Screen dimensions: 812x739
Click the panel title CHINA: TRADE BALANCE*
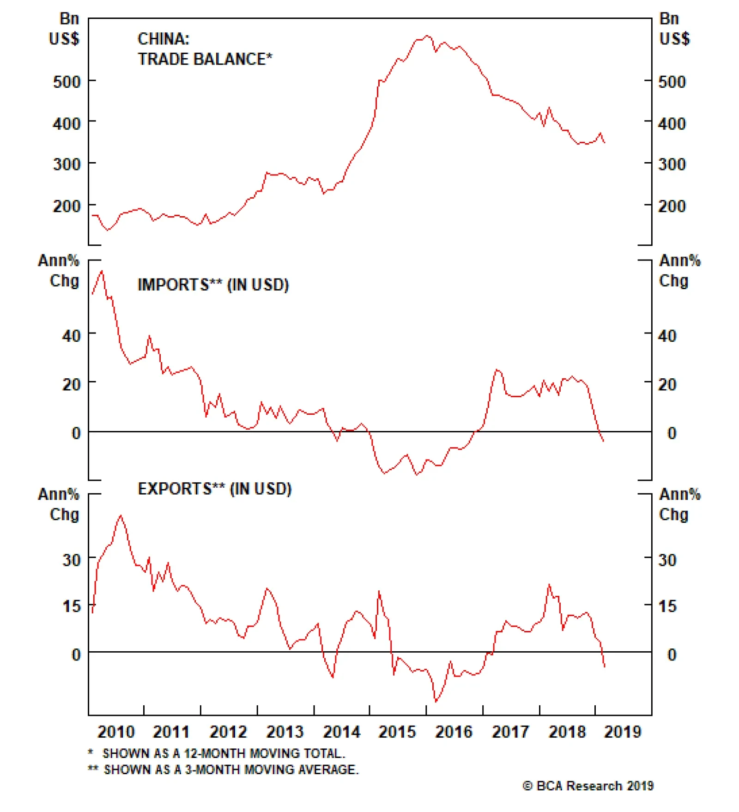point(205,49)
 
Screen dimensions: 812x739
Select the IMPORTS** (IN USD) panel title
point(213,285)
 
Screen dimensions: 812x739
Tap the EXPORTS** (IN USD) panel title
point(215,489)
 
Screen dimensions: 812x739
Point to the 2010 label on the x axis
point(116,732)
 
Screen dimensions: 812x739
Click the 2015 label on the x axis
point(397,732)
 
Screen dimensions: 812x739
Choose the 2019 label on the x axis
point(623,732)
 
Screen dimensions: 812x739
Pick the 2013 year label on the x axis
point(285,732)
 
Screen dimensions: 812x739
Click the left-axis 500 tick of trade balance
point(67,82)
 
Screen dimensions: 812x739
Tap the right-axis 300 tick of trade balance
point(672,164)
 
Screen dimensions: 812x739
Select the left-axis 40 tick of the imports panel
point(71,336)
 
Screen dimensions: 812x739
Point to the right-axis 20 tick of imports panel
point(667,384)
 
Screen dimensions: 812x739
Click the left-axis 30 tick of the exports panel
point(71,560)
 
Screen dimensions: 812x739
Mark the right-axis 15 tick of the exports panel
point(667,606)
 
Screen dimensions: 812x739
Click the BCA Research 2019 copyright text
point(588,786)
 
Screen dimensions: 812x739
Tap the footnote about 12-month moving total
point(217,753)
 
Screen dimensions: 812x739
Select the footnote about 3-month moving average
point(224,770)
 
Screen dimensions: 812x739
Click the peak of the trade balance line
point(427,36)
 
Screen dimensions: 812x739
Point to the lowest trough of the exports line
point(436,702)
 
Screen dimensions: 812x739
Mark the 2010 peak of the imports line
point(102,271)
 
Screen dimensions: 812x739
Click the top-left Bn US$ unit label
point(64,29)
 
